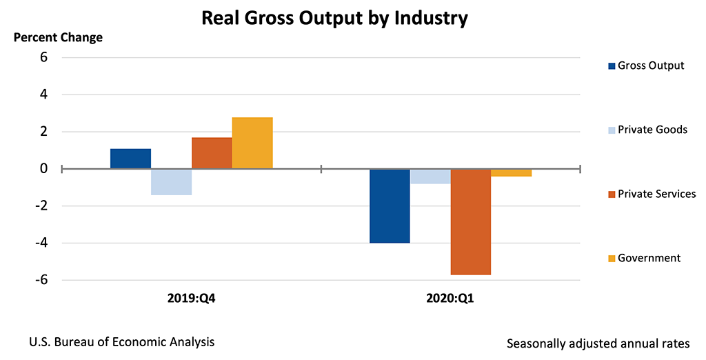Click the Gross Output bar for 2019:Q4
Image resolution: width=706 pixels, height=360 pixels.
point(130,159)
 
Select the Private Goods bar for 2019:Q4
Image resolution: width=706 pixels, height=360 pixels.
point(171,181)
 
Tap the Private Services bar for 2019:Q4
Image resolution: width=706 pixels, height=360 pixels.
point(212,153)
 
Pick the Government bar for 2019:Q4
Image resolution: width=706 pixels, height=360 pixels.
point(252,143)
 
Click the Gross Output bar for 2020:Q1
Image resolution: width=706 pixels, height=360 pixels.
point(390,206)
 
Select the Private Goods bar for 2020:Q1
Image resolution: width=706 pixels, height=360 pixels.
point(430,176)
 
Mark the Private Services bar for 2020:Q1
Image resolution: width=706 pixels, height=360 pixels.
point(471,221)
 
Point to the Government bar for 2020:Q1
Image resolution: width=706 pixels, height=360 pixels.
point(512,172)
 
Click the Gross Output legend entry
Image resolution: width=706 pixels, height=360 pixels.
point(646,66)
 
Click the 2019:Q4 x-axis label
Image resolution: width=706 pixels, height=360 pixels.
point(191,299)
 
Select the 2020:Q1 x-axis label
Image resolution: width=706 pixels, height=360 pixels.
point(450,299)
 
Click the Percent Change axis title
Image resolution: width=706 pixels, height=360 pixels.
point(59,37)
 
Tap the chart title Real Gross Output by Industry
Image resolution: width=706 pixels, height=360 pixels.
point(334,18)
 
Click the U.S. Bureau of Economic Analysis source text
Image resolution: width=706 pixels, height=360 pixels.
point(122,341)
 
